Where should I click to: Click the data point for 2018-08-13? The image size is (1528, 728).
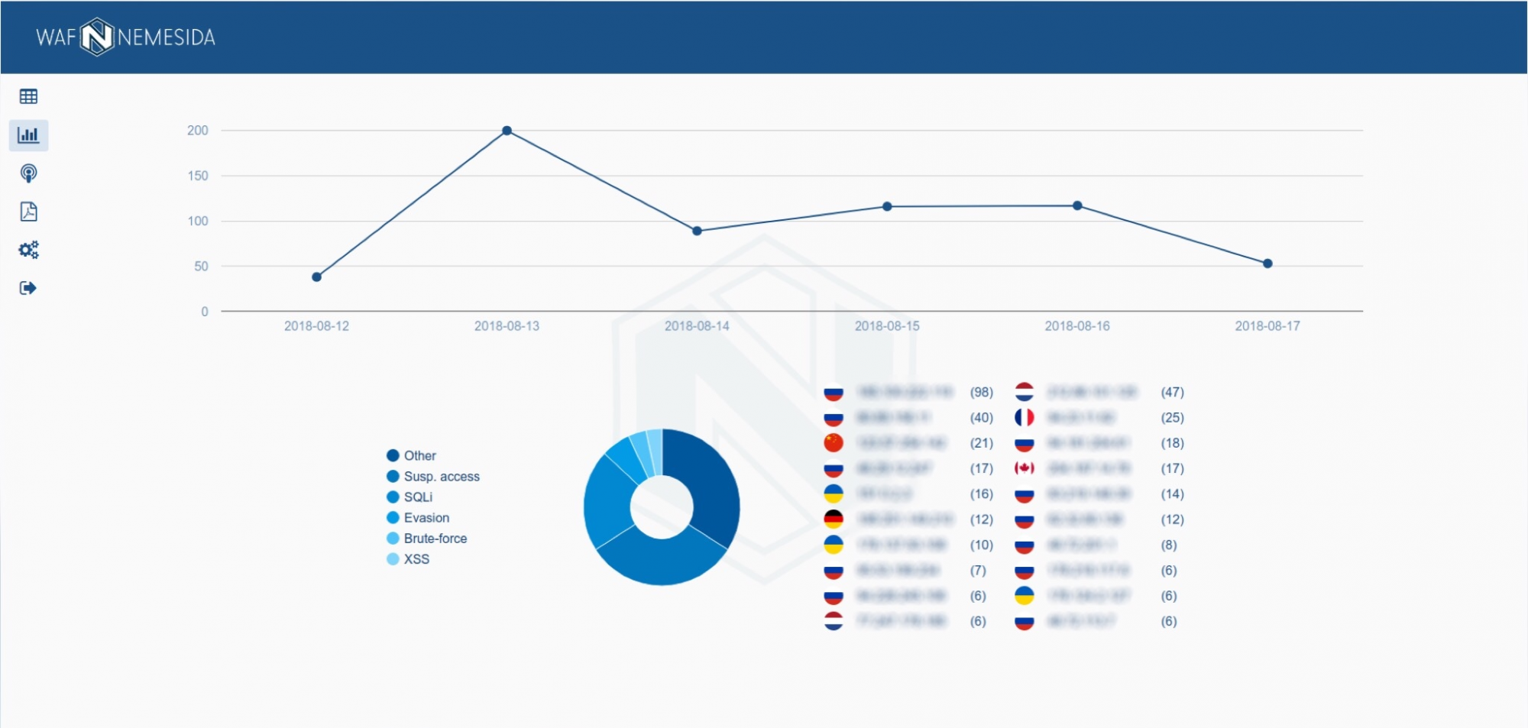click(507, 131)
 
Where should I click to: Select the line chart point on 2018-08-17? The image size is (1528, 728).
click(1267, 264)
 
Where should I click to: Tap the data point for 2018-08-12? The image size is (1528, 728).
click(316, 277)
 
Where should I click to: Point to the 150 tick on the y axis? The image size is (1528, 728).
click(198, 176)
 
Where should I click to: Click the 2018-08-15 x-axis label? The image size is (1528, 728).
click(887, 326)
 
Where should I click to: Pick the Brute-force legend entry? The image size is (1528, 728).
click(435, 539)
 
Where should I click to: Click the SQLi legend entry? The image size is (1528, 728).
click(418, 497)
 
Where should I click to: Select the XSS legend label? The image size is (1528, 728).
click(416, 559)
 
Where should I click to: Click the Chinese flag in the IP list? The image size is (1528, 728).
click(834, 443)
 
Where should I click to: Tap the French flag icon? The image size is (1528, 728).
click(1025, 418)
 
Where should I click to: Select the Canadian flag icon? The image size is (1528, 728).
click(1025, 468)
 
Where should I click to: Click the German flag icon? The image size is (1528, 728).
click(834, 519)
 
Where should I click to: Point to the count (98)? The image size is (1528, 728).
click(982, 393)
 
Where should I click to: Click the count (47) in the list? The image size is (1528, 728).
click(1173, 393)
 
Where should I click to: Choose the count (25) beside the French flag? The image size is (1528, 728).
click(1173, 418)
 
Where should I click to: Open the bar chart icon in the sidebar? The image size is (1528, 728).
click(28, 135)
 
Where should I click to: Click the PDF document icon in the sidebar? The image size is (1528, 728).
click(28, 212)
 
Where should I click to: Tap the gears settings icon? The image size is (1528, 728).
click(28, 250)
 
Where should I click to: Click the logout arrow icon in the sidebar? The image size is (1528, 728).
click(28, 288)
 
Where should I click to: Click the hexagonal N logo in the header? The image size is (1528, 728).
click(97, 37)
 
